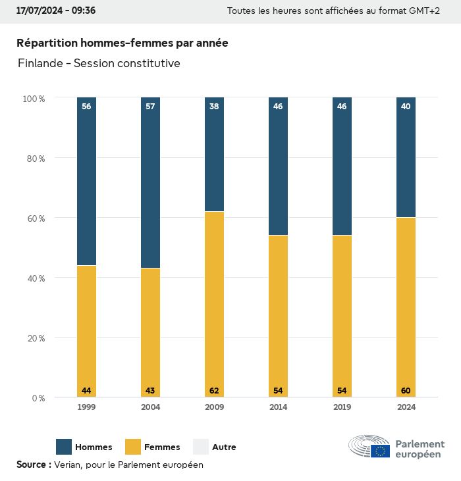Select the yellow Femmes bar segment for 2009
click(x=214, y=303)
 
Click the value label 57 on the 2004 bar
click(x=150, y=107)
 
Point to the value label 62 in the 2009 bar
click(x=214, y=391)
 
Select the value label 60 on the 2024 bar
click(x=406, y=391)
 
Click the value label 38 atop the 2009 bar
click(x=214, y=107)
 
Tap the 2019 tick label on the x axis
click(x=342, y=407)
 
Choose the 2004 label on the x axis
click(x=150, y=407)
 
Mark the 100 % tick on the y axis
click(x=34, y=98)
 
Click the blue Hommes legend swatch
click(x=64, y=447)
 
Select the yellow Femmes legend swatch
click(x=133, y=447)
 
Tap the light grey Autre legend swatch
click(x=200, y=447)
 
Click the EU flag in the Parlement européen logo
click(x=380, y=451)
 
